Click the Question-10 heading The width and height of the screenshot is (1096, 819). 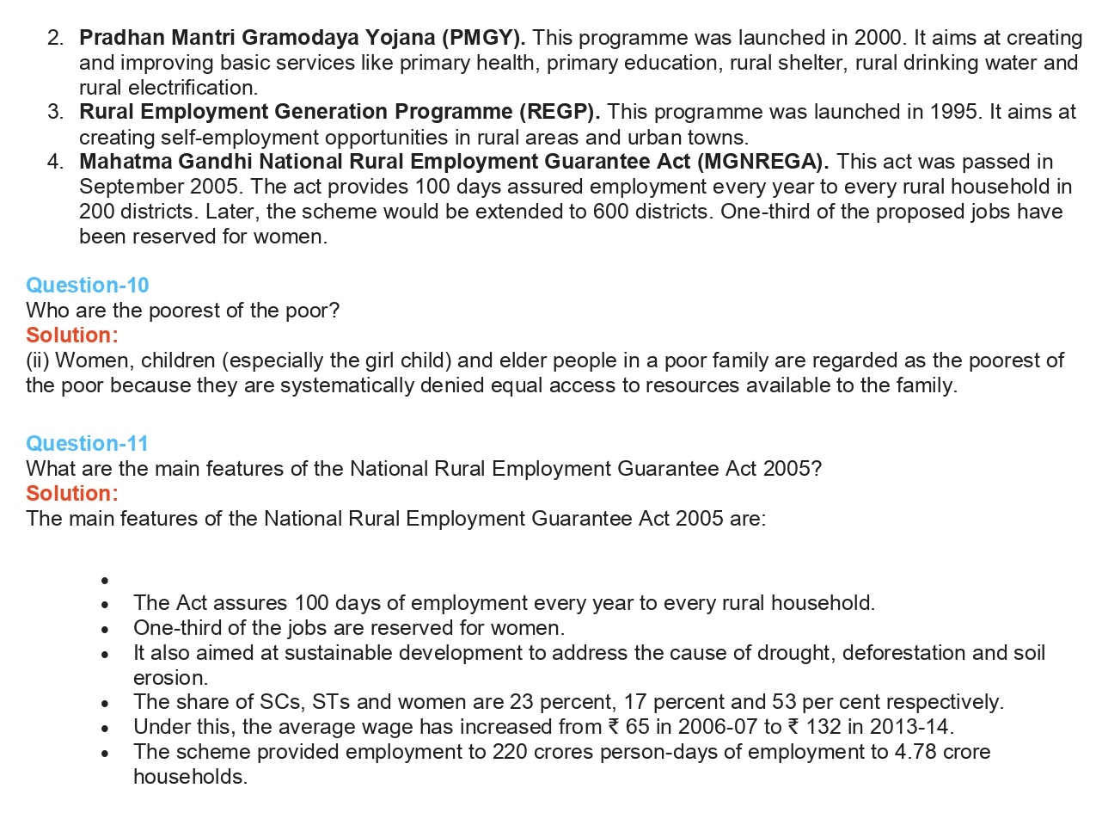tap(88, 286)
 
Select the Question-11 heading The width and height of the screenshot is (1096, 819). tap(87, 444)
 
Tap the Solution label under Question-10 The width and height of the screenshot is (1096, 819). tap(72, 335)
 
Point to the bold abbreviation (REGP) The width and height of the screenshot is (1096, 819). tap(559, 112)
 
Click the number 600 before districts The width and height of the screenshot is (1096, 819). tap(611, 212)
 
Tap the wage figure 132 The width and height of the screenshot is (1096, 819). tap(823, 727)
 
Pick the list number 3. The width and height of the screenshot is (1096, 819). tap(56, 112)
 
